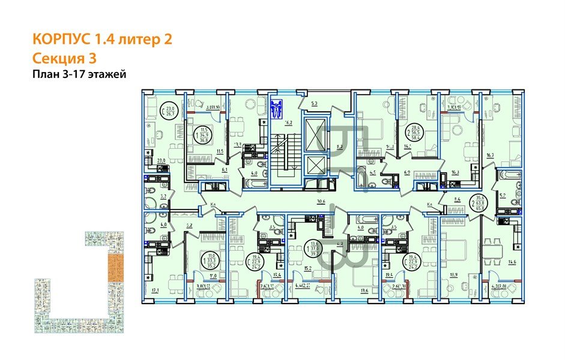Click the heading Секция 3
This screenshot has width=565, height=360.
64,58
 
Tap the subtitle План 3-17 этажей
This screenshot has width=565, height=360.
79,74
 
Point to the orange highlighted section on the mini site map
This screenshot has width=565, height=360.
112,268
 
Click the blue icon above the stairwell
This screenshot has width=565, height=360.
277,110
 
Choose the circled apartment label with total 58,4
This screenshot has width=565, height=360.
413,129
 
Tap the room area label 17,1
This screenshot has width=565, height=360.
156,290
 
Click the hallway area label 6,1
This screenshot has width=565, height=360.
224,170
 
